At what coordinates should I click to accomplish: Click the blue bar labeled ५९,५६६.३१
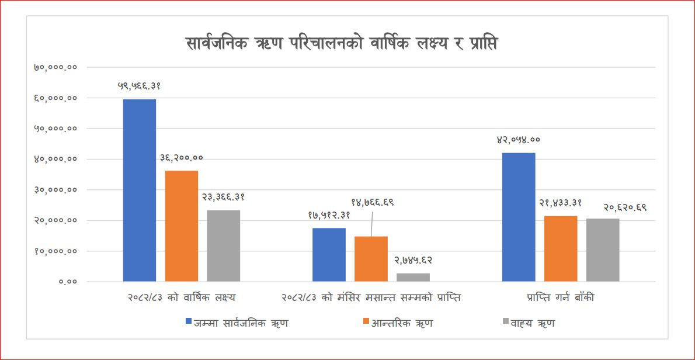[x=140, y=190]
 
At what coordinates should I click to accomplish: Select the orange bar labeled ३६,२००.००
[x=182, y=226]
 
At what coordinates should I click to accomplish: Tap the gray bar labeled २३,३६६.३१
[x=223, y=245]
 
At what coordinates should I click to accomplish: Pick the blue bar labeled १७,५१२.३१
[x=329, y=254]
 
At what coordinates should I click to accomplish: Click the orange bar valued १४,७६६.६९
[x=371, y=259]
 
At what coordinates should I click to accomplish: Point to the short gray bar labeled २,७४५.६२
[x=413, y=277]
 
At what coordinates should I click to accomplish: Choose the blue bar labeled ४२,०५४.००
[x=519, y=217]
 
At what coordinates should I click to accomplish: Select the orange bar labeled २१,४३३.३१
[x=561, y=248]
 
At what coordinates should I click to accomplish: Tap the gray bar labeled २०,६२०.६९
[x=603, y=250]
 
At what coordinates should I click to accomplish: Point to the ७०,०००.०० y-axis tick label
[x=55, y=67]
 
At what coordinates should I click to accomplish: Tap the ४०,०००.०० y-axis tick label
[x=55, y=159]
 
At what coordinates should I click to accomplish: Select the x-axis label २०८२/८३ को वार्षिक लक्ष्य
[x=182, y=297]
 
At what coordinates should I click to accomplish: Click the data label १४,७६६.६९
[x=373, y=202]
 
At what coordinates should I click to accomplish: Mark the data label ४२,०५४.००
[x=519, y=140]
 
